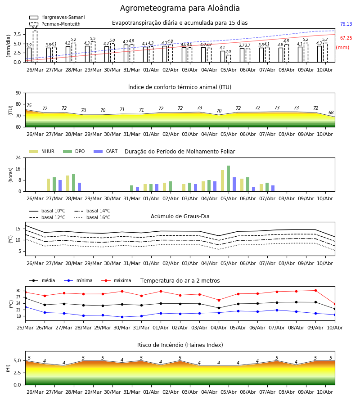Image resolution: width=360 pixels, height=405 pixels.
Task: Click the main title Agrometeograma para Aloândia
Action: [x=180, y=8]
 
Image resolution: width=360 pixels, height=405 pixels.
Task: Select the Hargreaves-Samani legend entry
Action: [x=57, y=17]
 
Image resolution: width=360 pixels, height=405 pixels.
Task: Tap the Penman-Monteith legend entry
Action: [x=55, y=24]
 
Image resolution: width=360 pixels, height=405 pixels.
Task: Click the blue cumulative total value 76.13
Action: [x=346, y=24]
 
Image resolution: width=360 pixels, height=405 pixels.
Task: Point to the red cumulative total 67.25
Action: [x=346, y=38]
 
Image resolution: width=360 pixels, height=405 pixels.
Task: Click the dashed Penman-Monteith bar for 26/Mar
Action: [x=35, y=46]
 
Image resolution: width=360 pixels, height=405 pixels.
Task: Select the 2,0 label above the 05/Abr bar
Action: [x=228, y=52]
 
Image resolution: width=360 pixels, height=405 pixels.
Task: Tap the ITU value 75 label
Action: [x=29, y=105]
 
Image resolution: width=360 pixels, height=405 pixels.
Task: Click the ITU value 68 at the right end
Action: [x=331, y=112]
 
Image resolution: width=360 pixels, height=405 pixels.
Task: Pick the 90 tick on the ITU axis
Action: [x=18, y=93]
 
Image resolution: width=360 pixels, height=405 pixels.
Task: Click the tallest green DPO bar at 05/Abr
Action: [x=228, y=179]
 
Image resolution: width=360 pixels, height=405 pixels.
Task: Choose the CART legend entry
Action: [x=106, y=151]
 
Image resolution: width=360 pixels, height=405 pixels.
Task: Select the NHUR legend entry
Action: [x=42, y=151]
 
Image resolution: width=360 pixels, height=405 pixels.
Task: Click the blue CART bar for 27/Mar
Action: [x=60, y=186]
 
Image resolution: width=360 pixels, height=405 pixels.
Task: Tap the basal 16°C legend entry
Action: [x=92, y=217]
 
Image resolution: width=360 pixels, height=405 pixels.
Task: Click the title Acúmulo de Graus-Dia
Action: [x=180, y=216]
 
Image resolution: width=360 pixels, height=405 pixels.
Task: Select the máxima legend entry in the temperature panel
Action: [x=116, y=280]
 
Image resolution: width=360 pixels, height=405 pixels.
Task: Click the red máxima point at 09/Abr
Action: [x=315, y=291]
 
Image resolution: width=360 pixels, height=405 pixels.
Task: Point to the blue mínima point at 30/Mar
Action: [x=122, y=317]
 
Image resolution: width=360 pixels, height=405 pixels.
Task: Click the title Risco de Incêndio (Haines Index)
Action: [x=180, y=345]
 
